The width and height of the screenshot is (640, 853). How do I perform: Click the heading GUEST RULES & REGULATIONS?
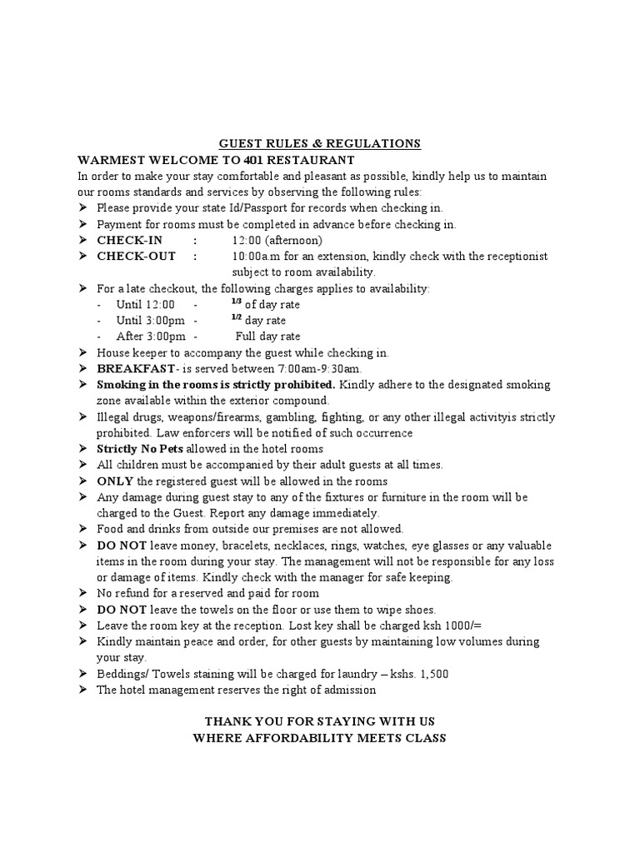(x=320, y=144)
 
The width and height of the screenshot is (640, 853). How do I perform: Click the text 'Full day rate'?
(x=267, y=336)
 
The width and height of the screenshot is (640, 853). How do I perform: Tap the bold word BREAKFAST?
(x=136, y=368)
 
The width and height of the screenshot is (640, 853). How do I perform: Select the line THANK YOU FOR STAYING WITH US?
(x=320, y=721)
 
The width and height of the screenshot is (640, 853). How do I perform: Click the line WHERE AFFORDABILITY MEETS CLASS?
(x=320, y=737)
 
